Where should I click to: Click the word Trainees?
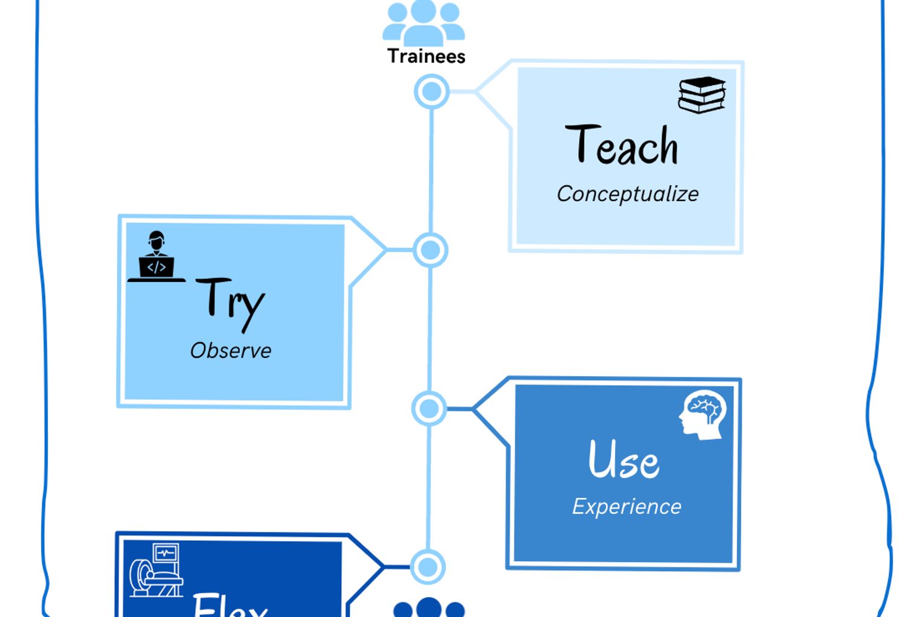click(x=426, y=56)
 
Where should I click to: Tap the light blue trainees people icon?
click(x=423, y=22)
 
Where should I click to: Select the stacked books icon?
click(x=701, y=95)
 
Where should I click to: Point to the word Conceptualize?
click(x=628, y=194)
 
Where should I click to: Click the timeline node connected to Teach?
click(x=431, y=92)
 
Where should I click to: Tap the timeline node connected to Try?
click(x=430, y=250)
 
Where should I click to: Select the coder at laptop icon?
click(x=156, y=257)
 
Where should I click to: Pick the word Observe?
click(x=231, y=351)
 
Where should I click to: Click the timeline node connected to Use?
click(x=429, y=409)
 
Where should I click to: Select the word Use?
click(x=623, y=460)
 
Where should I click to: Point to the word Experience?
click(x=626, y=507)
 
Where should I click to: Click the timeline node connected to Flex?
click(x=428, y=567)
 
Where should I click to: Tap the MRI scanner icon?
click(x=156, y=571)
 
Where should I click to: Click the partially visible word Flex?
click(x=230, y=605)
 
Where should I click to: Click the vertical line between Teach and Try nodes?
click(x=431, y=171)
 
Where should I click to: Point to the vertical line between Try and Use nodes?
click(x=429, y=329)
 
